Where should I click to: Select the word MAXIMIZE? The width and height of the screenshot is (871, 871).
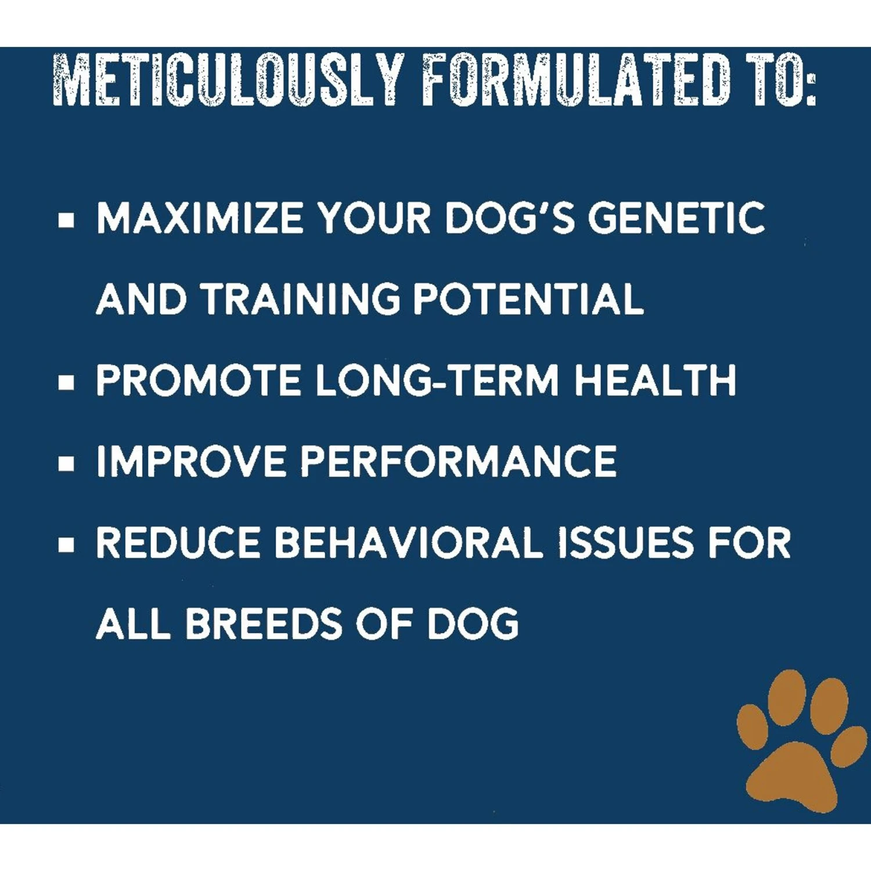(x=199, y=218)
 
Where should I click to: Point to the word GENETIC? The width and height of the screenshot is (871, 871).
(x=676, y=218)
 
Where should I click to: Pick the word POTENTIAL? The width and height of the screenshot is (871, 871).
(x=528, y=299)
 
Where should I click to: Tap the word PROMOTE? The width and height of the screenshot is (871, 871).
(x=198, y=380)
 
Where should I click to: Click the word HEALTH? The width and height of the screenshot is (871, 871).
(x=655, y=380)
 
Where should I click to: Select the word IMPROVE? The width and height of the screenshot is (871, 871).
(x=190, y=462)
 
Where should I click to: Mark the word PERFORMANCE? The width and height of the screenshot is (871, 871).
(x=458, y=462)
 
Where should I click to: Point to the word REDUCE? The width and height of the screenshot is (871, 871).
(x=178, y=543)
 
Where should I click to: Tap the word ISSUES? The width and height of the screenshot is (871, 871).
(x=625, y=543)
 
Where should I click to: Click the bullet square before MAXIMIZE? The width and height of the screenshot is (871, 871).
(x=67, y=221)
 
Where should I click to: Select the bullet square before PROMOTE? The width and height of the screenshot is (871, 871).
(x=67, y=383)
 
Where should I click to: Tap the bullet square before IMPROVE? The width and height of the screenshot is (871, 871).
(x=67, y=463)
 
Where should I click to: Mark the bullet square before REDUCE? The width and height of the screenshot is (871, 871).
(x=67, y=545)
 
